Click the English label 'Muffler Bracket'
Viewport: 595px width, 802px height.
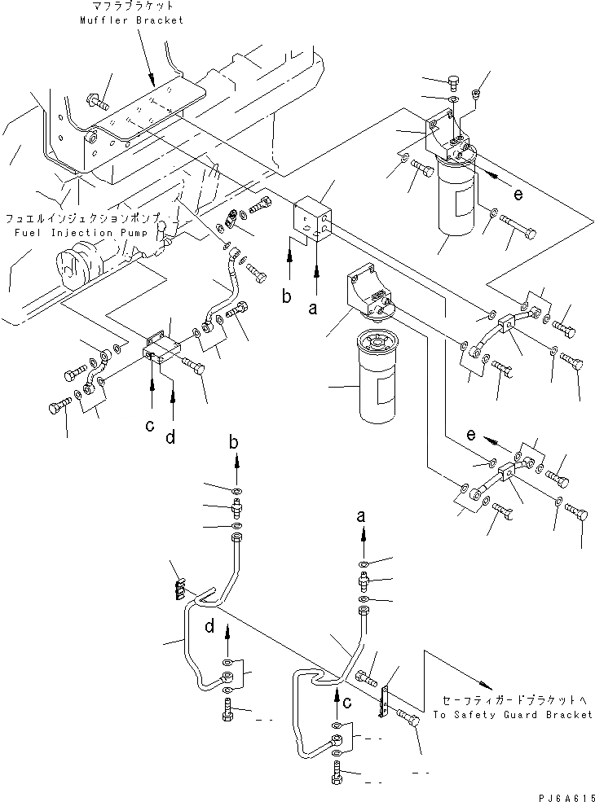(x=131, y=20)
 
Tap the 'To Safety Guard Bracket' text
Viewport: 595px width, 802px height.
(x=513, y=714)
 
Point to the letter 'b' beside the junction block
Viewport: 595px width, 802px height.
(x=287, y=297)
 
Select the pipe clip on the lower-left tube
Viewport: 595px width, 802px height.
(x=178, y=589)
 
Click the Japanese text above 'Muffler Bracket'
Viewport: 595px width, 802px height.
(x=131, y=7)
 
